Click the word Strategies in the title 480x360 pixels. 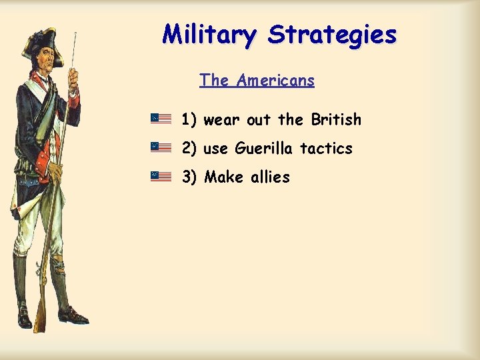click(332, 34)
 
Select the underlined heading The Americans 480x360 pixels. click(257, 81)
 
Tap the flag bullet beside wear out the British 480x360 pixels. click(161, 119)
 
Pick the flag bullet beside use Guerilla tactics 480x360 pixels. click(161, 147)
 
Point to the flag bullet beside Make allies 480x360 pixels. click(161, 176)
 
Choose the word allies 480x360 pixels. click(270, 177)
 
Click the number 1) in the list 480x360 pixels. click(189, 119)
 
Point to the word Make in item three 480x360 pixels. click(223, 177)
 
